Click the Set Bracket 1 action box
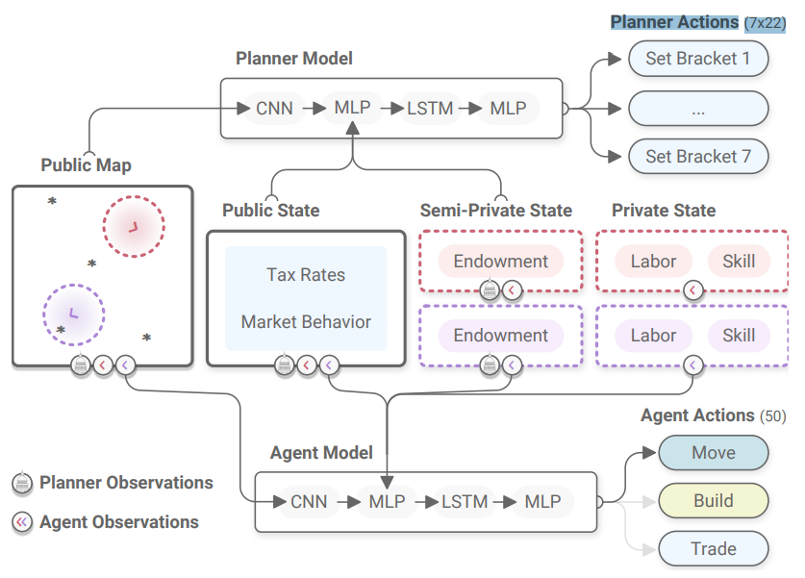coord(698,59)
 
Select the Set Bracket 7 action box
coord(698,156)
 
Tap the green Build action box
coord(713,501)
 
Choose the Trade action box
coord(713,549)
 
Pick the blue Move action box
coord(713,453)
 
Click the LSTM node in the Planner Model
coord(429,109)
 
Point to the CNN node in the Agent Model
coord(308,501)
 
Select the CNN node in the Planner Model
coord(281,109)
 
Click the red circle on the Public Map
coord(134,227)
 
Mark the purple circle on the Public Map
coord(73,314)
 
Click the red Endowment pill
coord(500,261)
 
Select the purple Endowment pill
coord(500,336)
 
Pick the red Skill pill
coord(739,261)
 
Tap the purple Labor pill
coord(653,336)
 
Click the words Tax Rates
coord(306,275)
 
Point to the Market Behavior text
coord(306,322)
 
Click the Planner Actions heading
coord(674,22)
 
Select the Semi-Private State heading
coord(495,211)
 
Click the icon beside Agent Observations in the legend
coord(21,523)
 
